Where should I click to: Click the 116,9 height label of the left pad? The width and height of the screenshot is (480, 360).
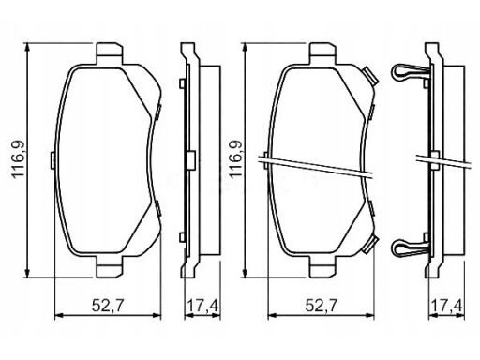click(x=19, y=159)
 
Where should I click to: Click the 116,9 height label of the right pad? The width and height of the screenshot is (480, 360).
click(x=236, y=159)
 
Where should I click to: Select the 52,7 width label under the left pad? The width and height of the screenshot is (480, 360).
click(x=108, y=306)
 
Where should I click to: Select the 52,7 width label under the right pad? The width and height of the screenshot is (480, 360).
click(x=322, y=306)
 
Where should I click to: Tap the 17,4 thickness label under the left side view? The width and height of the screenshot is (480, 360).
click(x=202, y=306)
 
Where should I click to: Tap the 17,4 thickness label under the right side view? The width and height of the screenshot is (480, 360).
click(x=447, y=306)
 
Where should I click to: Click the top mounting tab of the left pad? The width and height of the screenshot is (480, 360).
click(x=110, y=53)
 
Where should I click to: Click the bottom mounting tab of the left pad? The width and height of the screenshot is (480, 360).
click(x=110, y=266)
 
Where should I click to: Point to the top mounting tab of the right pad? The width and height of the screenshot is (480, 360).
click(x=323, y=53)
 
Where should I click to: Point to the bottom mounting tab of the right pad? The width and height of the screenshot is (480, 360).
click(x=323, y=266)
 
